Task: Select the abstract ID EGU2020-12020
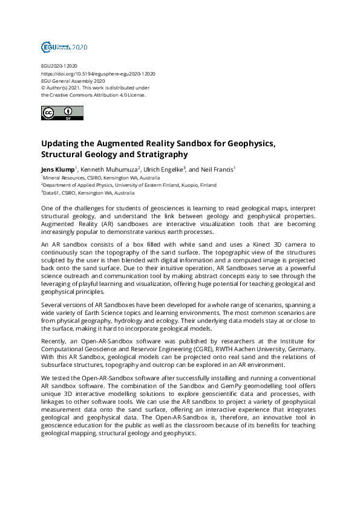coord(59,66)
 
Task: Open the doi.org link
coord(98,73)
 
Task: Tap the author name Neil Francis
coord(217,170)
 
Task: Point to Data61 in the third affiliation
coord(52,193)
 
